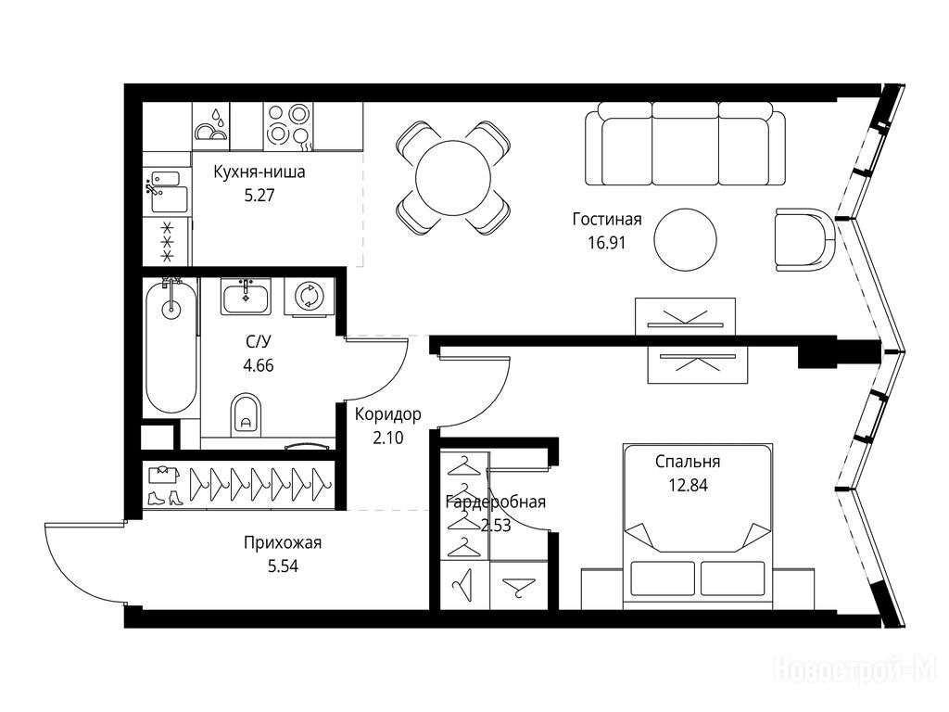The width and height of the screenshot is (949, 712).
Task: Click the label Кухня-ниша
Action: click(x=259, y=172)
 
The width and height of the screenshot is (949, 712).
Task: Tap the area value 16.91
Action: click(x=606, y=243)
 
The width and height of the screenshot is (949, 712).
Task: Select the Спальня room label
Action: click(x=688, y=462)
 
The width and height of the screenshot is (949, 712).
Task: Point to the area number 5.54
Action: click(x=283, y=566)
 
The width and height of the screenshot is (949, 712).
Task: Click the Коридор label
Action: click(x=388, y=414)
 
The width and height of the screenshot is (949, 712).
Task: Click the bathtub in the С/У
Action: click(x=171, y=347)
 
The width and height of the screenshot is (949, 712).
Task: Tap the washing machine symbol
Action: click(x=310, y=297)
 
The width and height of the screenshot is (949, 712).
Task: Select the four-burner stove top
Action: click(x=287, y=126)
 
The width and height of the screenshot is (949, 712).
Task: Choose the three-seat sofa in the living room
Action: click(x=685, y=144)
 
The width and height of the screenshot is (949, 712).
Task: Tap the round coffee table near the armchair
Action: click(x=685, y=239)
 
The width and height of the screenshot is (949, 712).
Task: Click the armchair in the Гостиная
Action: click(x=805, y=239)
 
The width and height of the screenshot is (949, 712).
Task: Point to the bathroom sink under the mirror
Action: click(x=246, y=297)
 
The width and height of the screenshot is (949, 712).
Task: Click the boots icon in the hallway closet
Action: click(x=164, y=498)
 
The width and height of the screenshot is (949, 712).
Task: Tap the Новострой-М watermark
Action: click(x=855, y=669)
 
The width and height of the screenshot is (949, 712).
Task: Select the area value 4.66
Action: click(x=258, y=365)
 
